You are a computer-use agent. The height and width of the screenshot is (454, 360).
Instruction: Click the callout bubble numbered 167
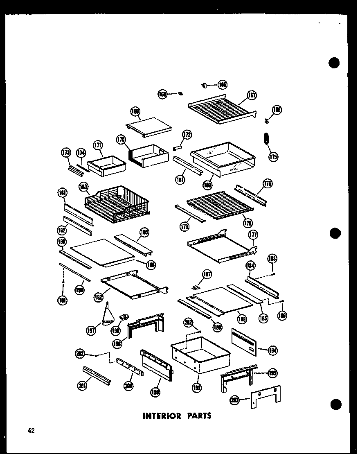point(252,96)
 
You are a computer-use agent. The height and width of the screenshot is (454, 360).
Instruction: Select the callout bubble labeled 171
point(97,145)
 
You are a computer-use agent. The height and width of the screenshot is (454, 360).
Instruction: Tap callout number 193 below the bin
point(197,387)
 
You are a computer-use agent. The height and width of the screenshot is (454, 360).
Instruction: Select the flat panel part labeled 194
point(244,340)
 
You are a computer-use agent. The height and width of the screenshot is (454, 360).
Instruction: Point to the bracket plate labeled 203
point(265,396)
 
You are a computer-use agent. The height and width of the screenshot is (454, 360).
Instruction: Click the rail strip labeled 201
point(97,374)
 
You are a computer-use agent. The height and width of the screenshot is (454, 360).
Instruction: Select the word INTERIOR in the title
point(162,416)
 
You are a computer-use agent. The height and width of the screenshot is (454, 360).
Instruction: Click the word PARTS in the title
point(198,416)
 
